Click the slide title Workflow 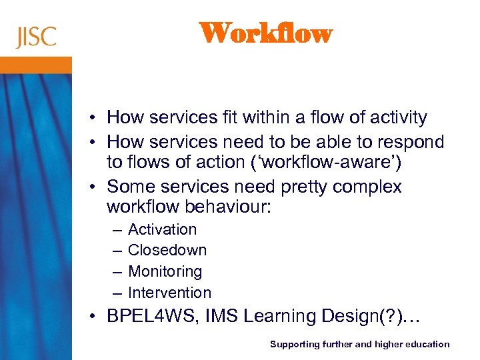(265, 33)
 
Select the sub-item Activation (162, 229)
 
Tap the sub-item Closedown (167, 250)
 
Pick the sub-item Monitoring (165, 271)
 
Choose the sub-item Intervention (169, 293)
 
